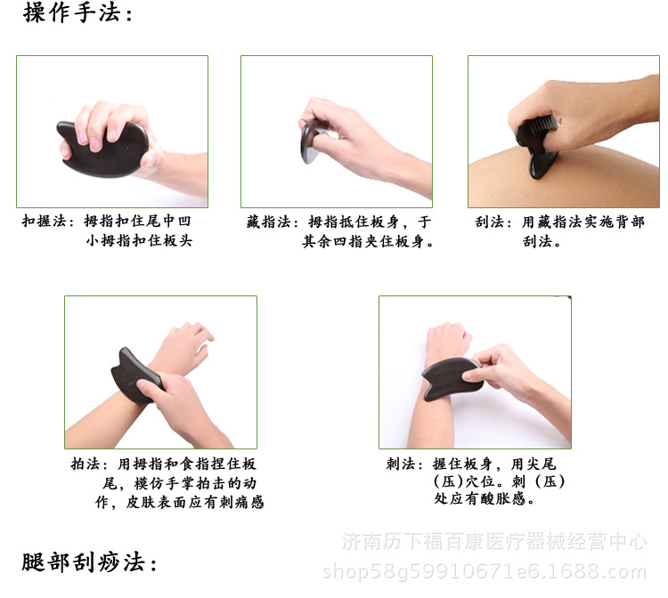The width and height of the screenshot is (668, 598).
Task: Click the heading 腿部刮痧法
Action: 84,562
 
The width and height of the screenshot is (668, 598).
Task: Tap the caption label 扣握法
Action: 44,221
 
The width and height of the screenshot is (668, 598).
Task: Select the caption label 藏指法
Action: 268,222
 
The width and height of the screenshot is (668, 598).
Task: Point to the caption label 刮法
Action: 489,222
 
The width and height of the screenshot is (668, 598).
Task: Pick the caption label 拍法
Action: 86,464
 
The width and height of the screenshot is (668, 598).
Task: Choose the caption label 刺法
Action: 400,464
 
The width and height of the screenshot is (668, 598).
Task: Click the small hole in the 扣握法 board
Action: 126,149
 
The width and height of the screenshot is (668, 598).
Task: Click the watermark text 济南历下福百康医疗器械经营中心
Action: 494,542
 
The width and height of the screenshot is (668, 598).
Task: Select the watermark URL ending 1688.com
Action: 485,571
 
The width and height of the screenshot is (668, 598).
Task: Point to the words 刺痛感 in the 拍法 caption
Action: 241,502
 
